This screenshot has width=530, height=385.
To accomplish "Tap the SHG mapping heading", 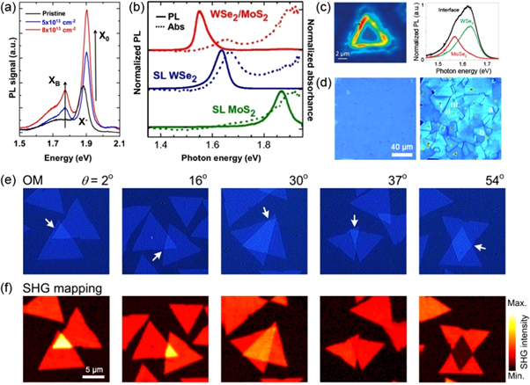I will (53, 287).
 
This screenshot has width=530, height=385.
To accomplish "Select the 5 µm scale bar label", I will (97, 368).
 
